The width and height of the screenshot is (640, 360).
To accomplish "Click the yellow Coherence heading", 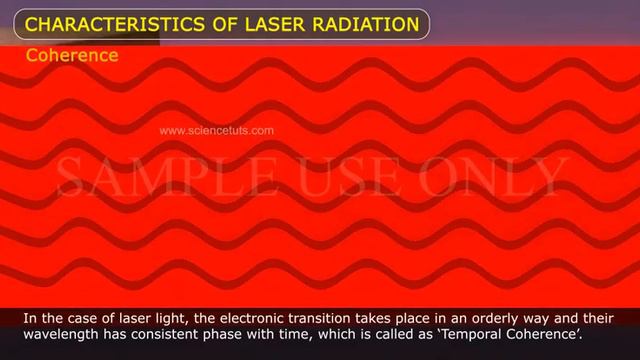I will tap(72, 55).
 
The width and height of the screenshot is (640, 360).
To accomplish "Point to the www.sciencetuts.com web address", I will tap(216, 130).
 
